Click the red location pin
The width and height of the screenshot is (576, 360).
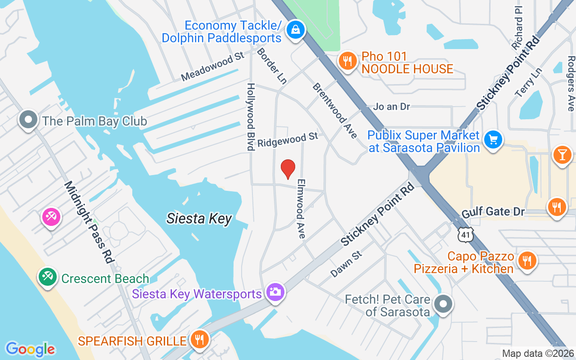pos(288,169)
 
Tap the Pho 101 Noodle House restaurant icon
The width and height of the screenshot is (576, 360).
pos(346,61)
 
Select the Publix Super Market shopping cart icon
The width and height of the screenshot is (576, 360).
pos(493,140)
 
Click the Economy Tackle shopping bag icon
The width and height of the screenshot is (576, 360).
pos(295,30)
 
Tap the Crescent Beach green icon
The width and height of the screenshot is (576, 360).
pos(47,276)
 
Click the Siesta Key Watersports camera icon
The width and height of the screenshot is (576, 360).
pos(274,292)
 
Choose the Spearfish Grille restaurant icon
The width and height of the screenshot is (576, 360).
pos(198,339)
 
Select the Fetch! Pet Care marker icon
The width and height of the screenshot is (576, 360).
pos(443,304)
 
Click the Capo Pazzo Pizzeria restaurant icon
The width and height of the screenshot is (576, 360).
pos(526,261)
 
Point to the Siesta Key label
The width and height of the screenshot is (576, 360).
pos(199,219)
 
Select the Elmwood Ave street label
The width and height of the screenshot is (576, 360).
pos(301,208)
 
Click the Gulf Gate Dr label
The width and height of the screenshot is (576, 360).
pos(493,211)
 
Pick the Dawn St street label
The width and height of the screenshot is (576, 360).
pos(346,264)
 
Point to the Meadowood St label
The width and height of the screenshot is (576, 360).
pos(212,67)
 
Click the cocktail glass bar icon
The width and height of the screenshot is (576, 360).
pos(562,155)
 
